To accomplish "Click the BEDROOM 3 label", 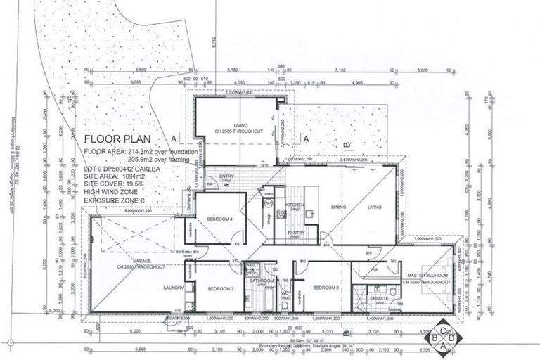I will tap(220, 289).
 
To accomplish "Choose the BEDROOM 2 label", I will tap(326, 288).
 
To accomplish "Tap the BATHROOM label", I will tap(261, 281).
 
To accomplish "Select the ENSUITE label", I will tap(380, 299).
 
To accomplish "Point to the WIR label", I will tap(365, 270).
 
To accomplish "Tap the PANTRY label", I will tap(297, 232).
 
